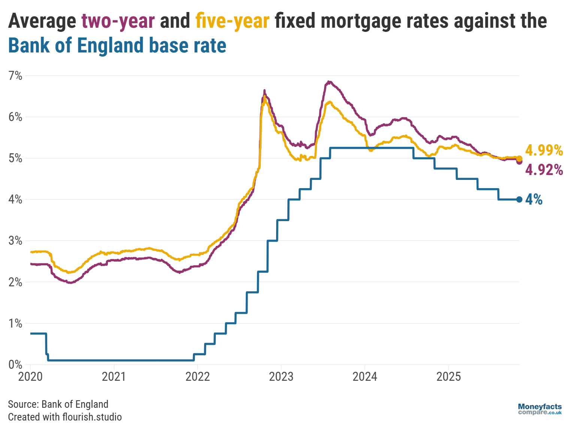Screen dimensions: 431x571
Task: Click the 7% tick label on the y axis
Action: click(x=15, y=76)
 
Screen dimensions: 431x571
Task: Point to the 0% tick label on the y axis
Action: click(x=15, y=364)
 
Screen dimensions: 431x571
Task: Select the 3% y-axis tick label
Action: click(x=15, y=241)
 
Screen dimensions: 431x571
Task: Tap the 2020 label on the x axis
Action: click(x=30, y=376)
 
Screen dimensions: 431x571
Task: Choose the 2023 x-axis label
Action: click(x=281, y=376)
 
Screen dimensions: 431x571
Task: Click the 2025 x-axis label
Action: click(x=448, y=376)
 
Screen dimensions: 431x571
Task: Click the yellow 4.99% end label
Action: click(x=544, y=150)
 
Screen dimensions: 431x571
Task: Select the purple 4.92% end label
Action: click(x=544, y=170)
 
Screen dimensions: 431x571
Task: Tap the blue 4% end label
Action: click(x=534, y=199)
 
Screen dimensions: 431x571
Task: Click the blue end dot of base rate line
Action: click(x=519, y=199)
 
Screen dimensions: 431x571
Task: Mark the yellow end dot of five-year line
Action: click(x=519, y=159)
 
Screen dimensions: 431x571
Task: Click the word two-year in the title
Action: click(x=118, y=21)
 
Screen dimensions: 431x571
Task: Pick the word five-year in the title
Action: click(x=232, y=21)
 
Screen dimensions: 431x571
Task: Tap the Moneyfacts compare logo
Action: click(x=540, y=409)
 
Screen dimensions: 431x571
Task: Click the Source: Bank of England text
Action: click(x=58, y=404)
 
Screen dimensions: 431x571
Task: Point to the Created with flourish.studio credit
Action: click(x=65, y=417)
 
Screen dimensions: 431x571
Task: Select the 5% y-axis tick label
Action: click(x=15, y=158)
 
